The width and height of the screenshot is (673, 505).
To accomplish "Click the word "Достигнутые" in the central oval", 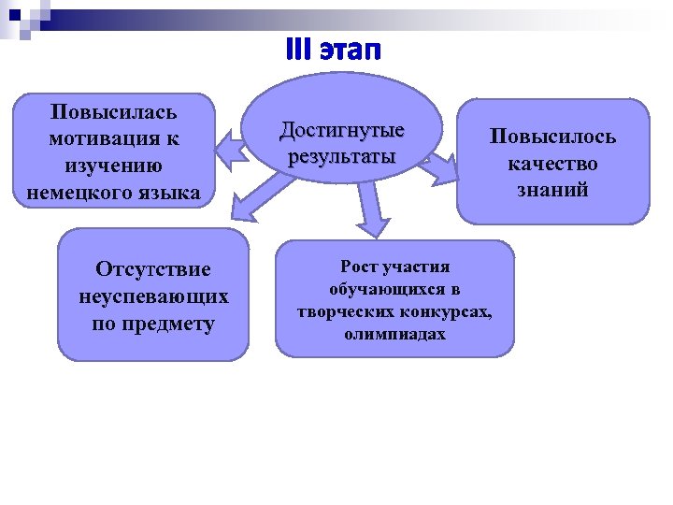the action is [341, 130].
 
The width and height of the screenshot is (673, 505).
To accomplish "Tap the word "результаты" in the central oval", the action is [341, 155].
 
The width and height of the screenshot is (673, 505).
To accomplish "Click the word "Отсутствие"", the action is [153, 269].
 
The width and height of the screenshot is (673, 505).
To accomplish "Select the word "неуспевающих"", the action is [153, 296].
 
